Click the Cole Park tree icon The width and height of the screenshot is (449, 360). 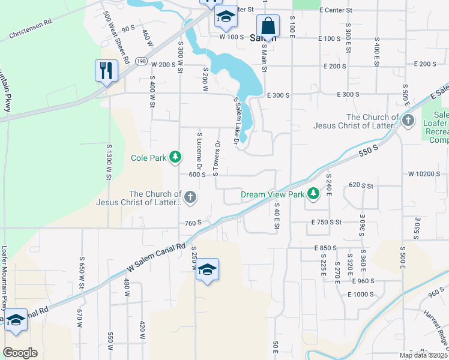[x=175, y=158]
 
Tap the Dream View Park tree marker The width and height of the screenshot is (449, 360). [x=313, y=194]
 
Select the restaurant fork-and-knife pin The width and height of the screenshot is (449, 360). [x=104, y=70]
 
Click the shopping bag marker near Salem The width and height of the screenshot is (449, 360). [x=268, y=27]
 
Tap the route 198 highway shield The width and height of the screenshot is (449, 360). [x=140, y=61]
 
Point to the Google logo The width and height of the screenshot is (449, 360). [x=20, y=353]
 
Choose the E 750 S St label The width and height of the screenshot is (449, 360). [x=326, y=222]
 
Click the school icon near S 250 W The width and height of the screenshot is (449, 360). [x=207, y=271]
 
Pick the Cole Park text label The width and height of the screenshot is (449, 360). [x=149, y=158]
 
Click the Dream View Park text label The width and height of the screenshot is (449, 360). [x=273, y=194]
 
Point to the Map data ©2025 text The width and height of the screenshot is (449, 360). [x=423, y=355]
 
